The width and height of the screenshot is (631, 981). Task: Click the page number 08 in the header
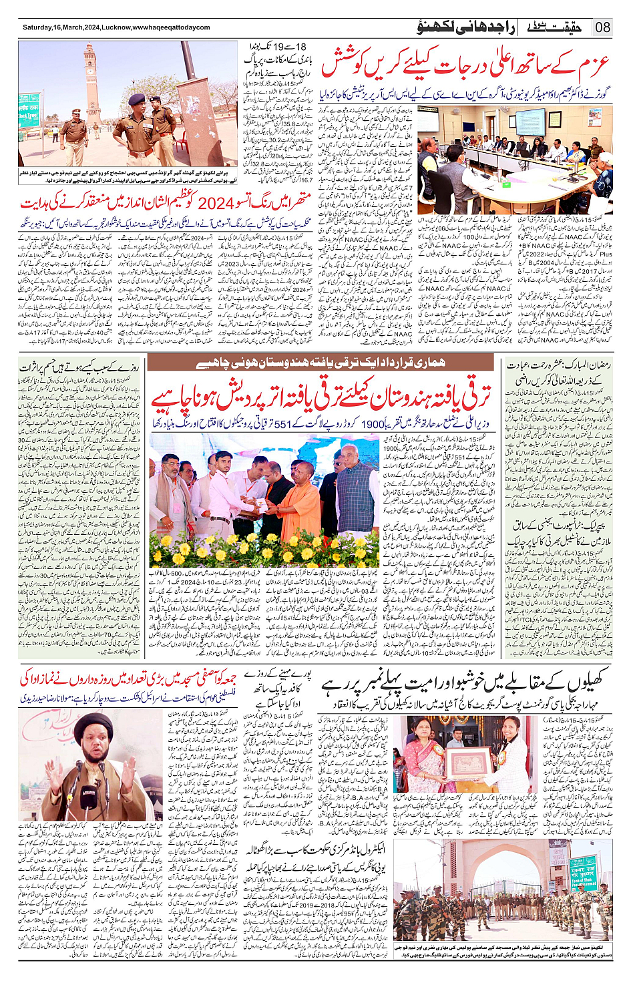point(603,27)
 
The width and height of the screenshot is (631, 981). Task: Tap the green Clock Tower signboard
point(29,110)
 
